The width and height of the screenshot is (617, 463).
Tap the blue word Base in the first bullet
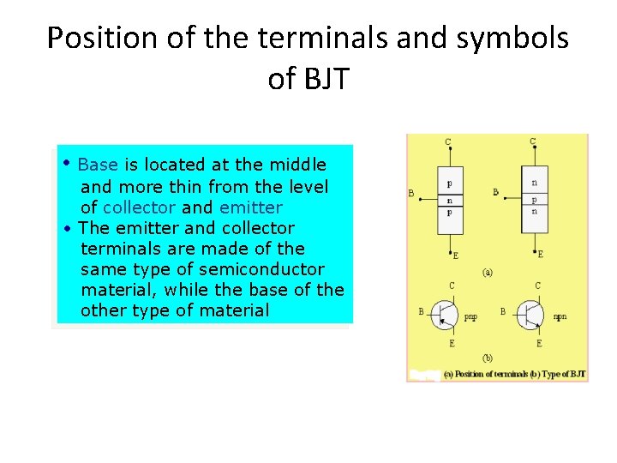point(98,165)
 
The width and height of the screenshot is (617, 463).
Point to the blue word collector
point(139,207)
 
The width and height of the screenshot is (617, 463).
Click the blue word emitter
point(250,207)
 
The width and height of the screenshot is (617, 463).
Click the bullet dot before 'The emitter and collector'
point(67,229)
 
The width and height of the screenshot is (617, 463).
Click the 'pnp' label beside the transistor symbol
point(470,317)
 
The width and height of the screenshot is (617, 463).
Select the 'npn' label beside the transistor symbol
point(560,317)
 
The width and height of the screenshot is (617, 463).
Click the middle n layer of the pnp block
point(450,201)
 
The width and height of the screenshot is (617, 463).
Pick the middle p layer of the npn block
point(535,199)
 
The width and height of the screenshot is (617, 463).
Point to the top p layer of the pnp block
point(450,183)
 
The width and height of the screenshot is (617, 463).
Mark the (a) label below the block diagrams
point(488,273)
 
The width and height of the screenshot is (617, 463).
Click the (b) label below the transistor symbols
point(488,357)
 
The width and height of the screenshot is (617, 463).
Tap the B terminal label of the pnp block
point(411,194)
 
